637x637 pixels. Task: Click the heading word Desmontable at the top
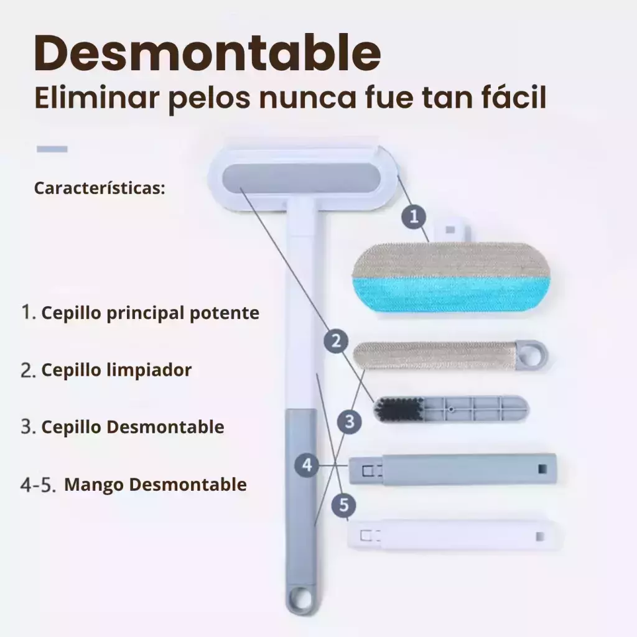tap(208, 53)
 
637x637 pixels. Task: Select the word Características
tap(100, 188)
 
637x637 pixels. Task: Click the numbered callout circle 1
tap(414, 216)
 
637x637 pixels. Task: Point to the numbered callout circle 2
tap(336, 341)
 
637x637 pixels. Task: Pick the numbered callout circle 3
tap(350, 422)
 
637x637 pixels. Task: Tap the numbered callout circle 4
tap(307, 464)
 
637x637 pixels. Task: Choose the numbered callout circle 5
tap(343, 505)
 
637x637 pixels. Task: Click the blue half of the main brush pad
tap(451, 295)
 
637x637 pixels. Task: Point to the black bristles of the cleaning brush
tap(399, 409)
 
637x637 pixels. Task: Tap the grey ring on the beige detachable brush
tap(532, 355)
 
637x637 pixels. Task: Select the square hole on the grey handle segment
tap(542, 469)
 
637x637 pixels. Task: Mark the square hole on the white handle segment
tap(540, 536)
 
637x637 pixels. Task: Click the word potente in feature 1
tap(225, 314)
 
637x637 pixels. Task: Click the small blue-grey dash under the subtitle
tap(52, 149)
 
